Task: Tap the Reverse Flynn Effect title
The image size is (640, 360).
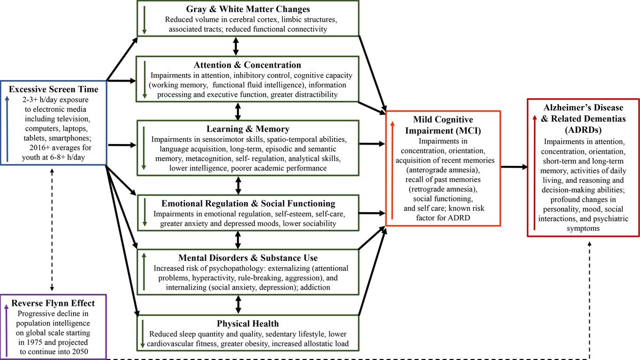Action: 54,303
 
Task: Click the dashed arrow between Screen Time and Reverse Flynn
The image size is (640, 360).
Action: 51,229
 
